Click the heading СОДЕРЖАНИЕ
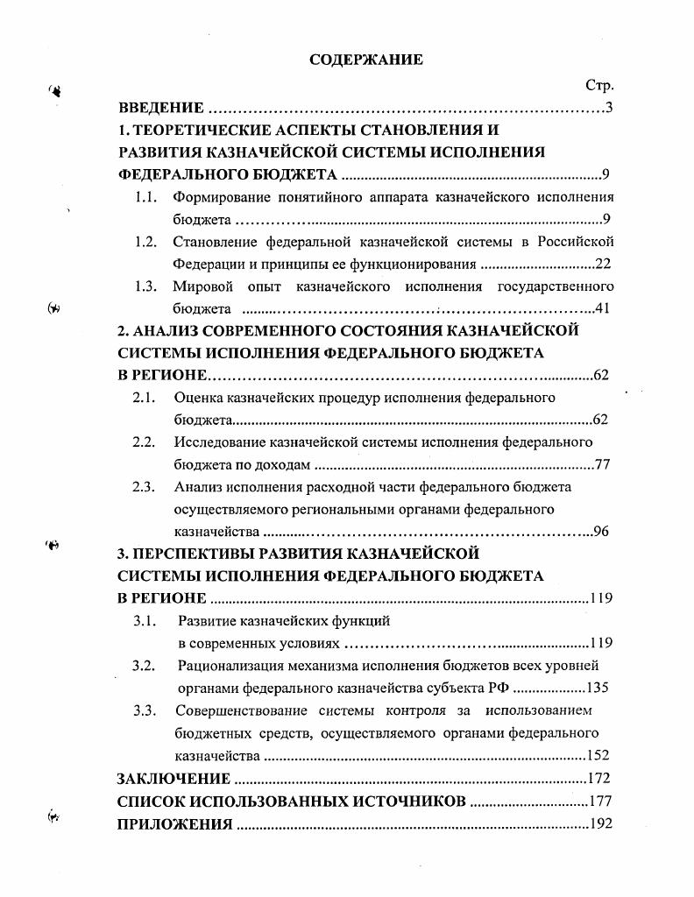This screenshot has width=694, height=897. click(365, 60)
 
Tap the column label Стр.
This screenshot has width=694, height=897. click(599, 86)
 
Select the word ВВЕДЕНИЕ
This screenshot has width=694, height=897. click(161, 109)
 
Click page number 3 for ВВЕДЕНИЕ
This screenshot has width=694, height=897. click(608, 109)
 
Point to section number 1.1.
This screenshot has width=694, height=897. click(145, 197)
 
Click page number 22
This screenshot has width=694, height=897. click(603, 264)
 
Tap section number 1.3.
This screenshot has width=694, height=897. click(145, 286)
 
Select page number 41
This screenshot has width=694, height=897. click(602, 308)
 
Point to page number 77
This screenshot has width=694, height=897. click(602, 464)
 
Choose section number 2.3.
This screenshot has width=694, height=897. click(144, 487)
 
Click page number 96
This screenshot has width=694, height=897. click(602, 531)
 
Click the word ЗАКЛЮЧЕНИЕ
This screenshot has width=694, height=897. click(173, 779)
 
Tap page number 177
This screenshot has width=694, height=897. click(599, 801)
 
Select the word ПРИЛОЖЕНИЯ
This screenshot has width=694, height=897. click(174, 823)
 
